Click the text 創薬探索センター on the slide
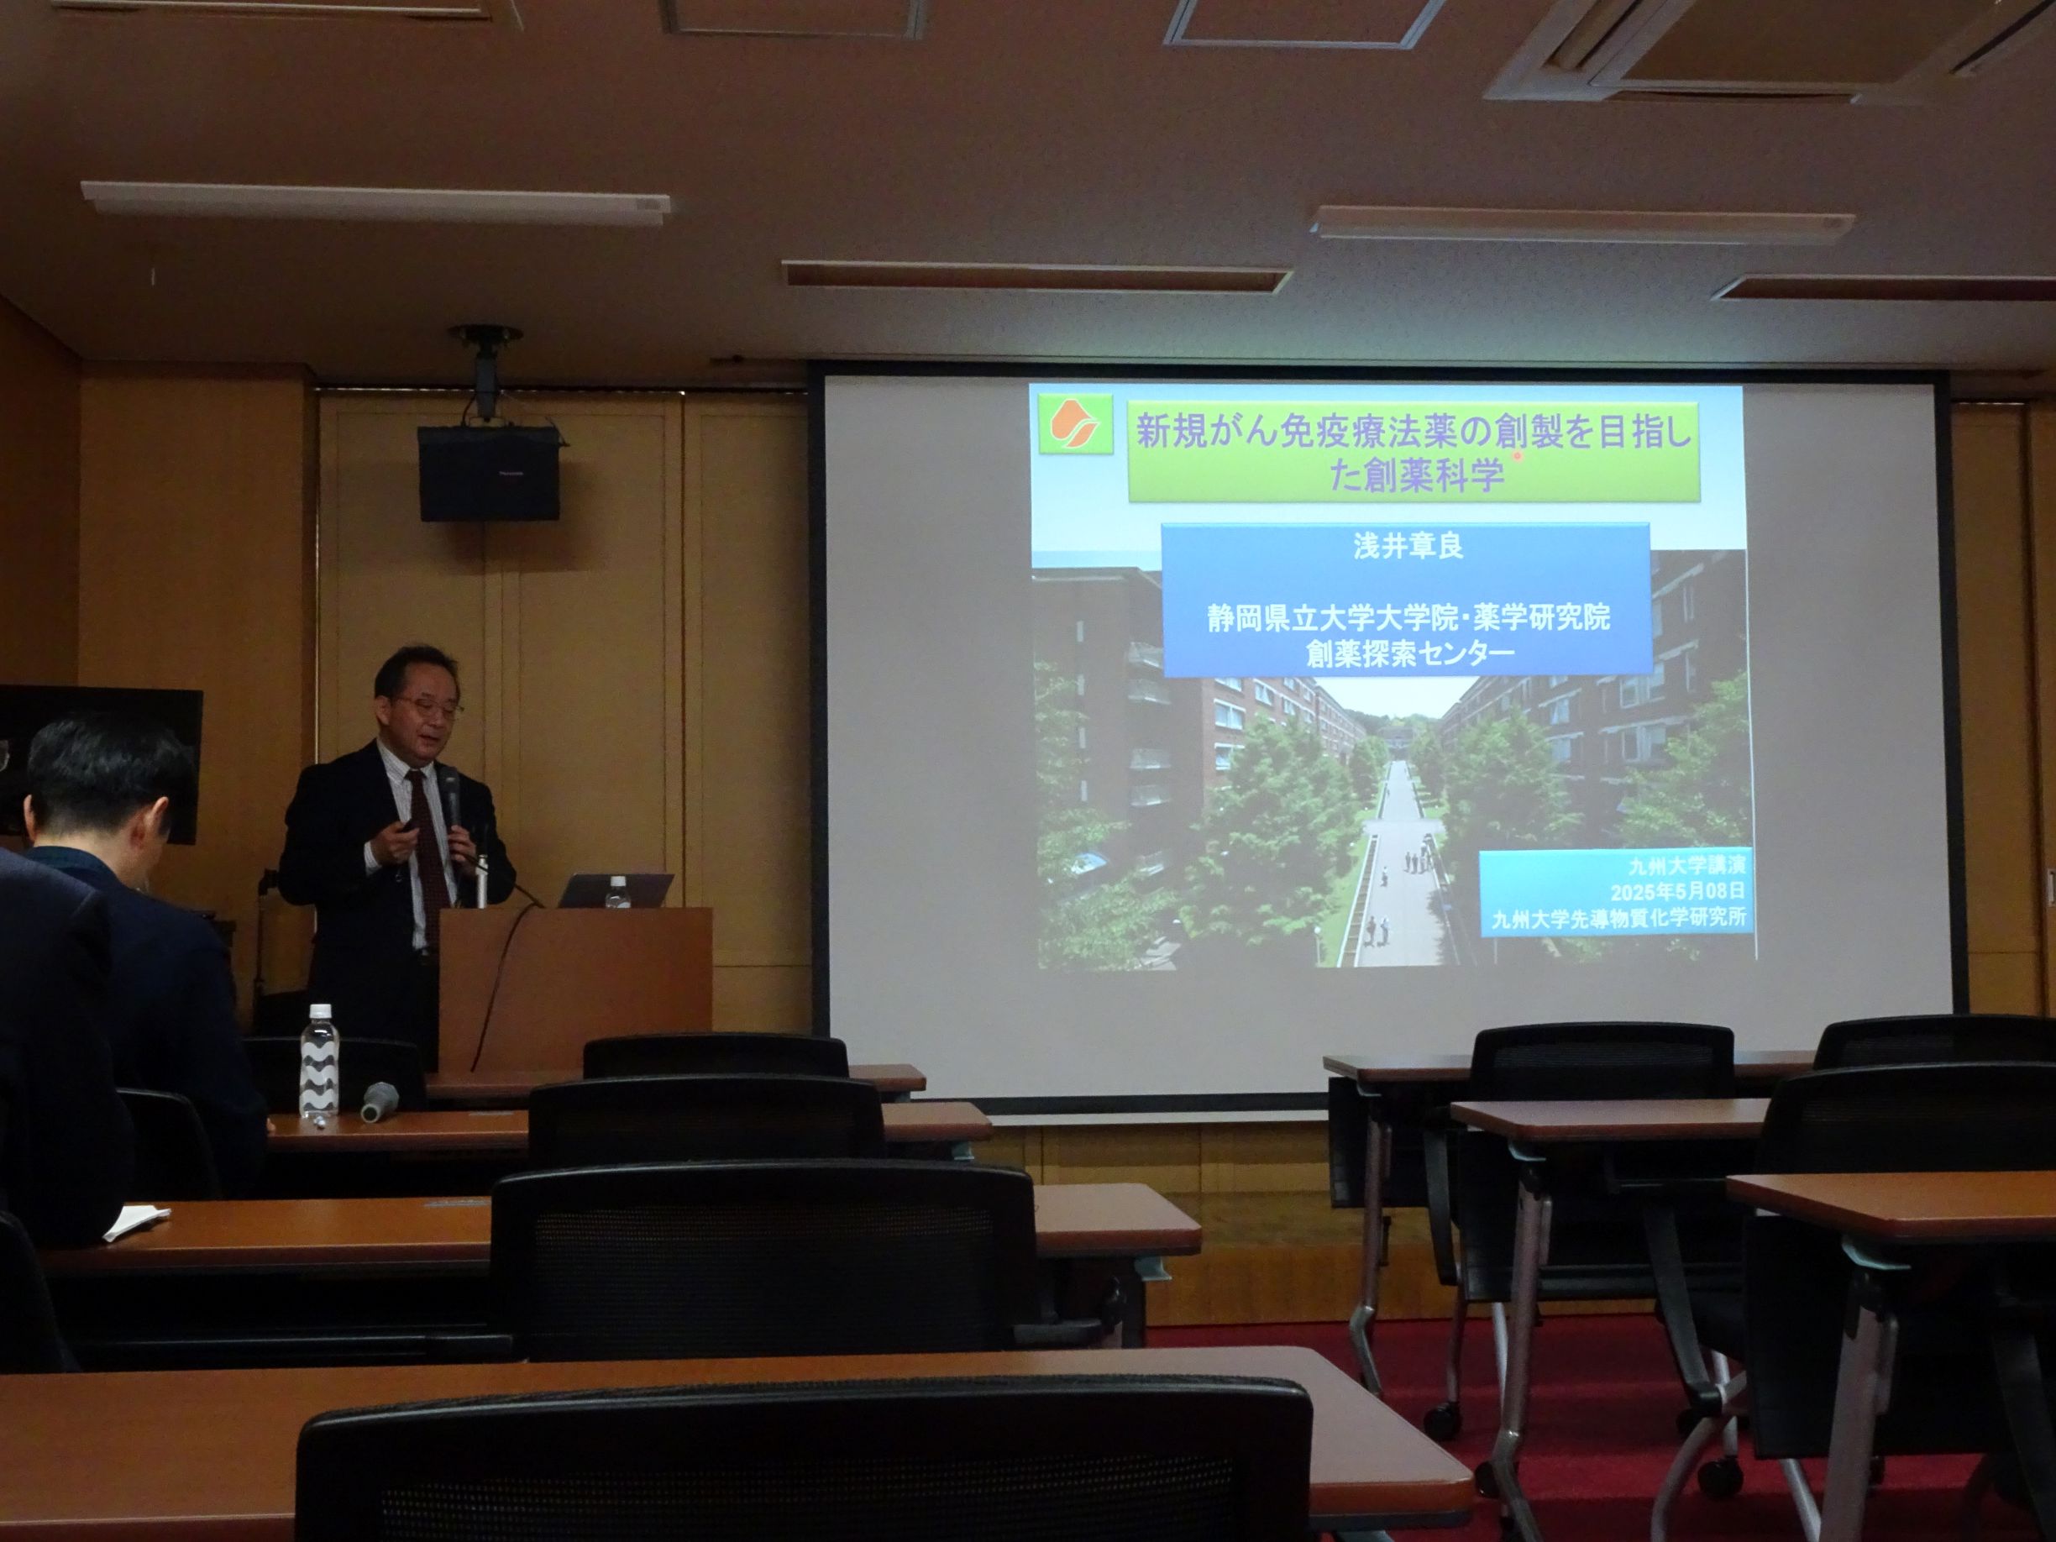pyautogui.click(x=1409, y=652)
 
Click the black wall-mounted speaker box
pyautogui.click(x=489, y=473)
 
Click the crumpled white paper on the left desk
pyautogui.click(x=133, y=1222)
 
